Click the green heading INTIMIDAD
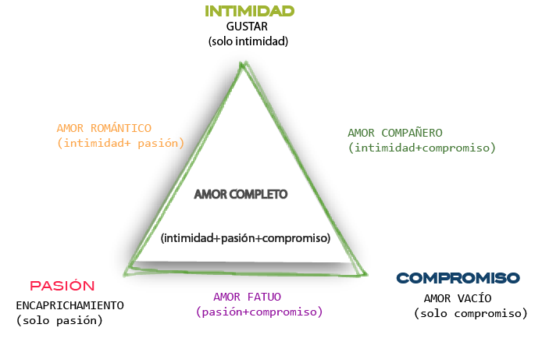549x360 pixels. tap(249, 11)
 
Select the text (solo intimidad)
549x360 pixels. tap(248, 41)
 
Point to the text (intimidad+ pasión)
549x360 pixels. tap(120, 143)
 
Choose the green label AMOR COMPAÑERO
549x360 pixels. tap(395, 133)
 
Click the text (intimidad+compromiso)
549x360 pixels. tap(422, 148)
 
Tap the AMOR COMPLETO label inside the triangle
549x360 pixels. tap(241, 194)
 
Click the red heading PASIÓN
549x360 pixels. tap(62, 286)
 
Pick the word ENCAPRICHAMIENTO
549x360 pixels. tap(70, 305)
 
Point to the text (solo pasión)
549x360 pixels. tap(59, 320)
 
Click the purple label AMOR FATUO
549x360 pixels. tap(247, 297)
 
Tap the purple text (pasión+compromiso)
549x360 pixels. tap(259, 312)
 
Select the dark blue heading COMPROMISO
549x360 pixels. tap(458, 278)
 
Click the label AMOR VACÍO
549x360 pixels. tap(458, 298)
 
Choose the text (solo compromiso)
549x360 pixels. tap(470, 313)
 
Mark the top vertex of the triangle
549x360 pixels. tap(244, 63)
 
